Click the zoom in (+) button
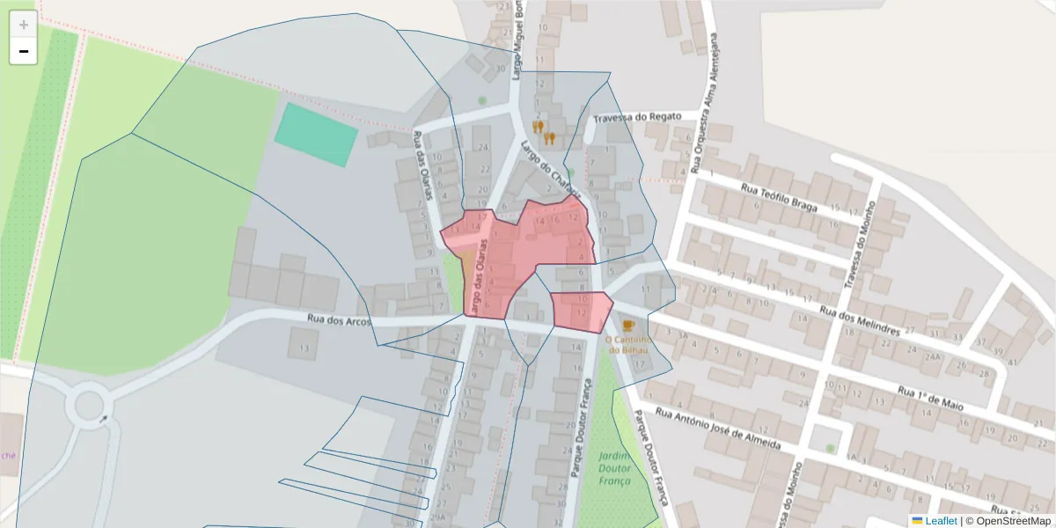[24, 25]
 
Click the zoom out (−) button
[24, 52]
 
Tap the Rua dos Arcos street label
[339, 319]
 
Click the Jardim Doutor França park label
[615, 468]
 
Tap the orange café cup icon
[627, 326]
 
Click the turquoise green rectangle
[317, 135]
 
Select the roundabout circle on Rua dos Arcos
[89, 407]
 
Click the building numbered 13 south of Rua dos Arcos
[304, 349]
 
